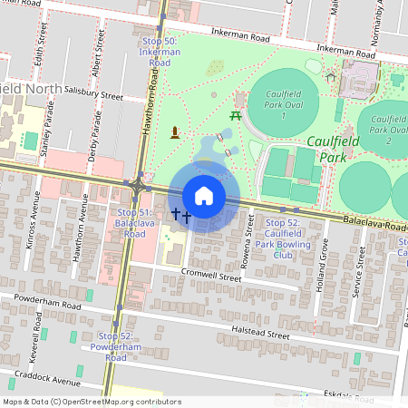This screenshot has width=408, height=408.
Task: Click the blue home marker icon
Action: coord(204,195)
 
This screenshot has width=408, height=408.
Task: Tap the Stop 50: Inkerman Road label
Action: coord(160,52)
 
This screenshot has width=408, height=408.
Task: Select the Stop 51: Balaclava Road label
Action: coord(131,223)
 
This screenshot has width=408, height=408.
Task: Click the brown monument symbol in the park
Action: coord(175,134)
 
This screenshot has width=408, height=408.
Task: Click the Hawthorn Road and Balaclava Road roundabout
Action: coord(139,185)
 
